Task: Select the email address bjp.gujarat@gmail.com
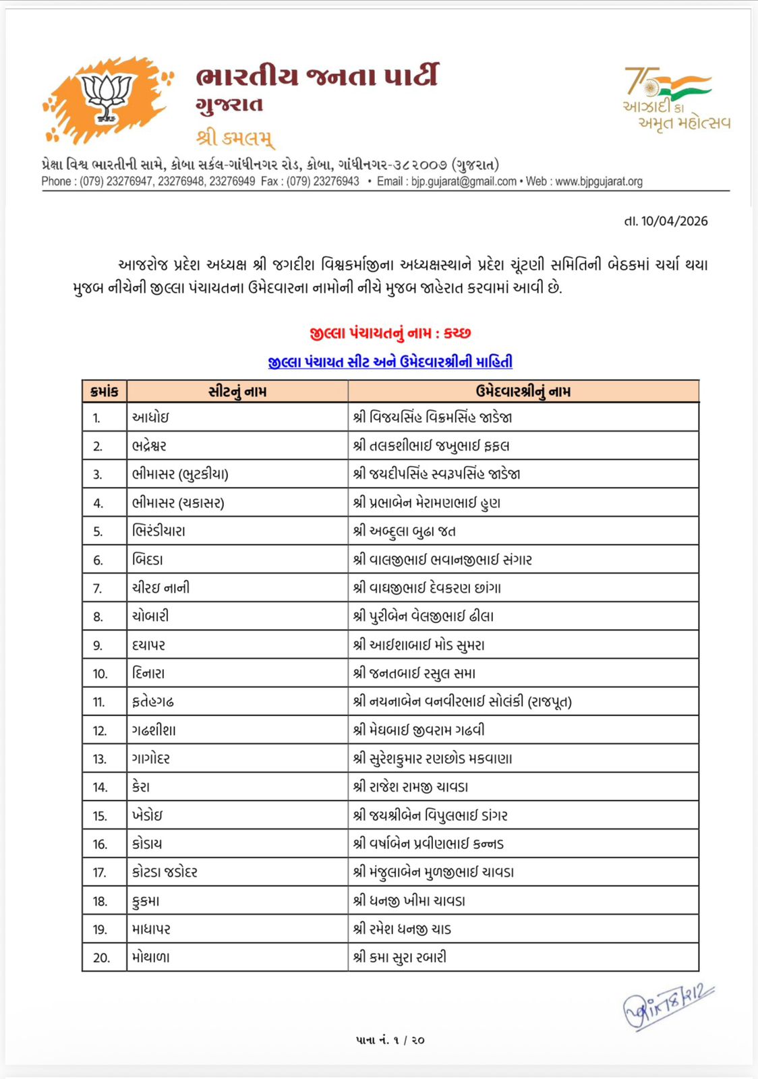464,181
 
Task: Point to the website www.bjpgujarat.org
599,181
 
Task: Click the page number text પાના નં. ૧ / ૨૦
390,1040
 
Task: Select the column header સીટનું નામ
237,391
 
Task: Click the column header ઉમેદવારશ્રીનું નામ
523,391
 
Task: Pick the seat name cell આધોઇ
150,417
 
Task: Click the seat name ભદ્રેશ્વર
149,446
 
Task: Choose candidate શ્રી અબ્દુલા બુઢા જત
405,531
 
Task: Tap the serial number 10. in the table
100,674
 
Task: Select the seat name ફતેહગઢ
153,702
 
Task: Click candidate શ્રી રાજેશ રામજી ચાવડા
411,787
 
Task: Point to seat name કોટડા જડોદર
165,872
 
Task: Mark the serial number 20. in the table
101,958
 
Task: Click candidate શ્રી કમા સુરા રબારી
400,958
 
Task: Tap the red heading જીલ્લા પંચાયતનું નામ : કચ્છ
390,333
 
